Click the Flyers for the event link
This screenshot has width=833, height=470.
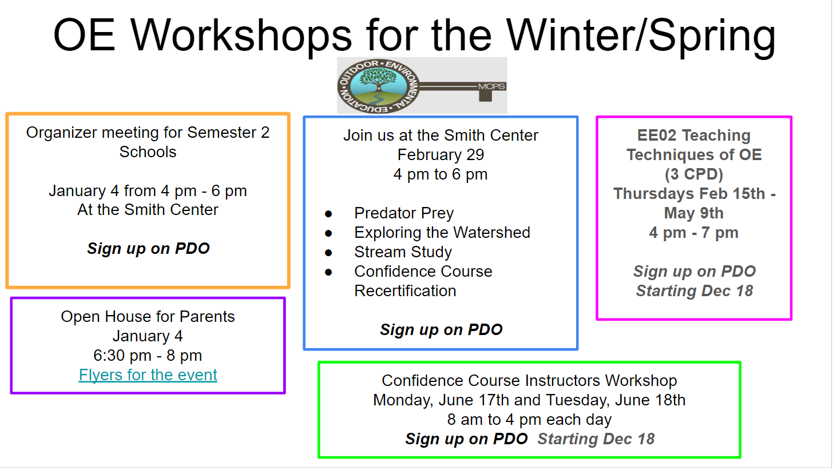coord(148,375)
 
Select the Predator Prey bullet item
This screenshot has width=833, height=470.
coord(404,213)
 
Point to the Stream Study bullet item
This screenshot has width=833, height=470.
coord(403,252)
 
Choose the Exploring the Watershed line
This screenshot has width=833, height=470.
coord(442,233)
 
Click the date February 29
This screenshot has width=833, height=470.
coord(441,155)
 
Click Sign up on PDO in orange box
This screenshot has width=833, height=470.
coord(148,249)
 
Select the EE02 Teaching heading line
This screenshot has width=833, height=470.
coord(694,136)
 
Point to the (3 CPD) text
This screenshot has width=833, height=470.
coord(694,174)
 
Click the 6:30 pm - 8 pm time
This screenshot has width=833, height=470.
coord(148,356)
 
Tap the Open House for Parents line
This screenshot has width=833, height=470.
coord(148,317)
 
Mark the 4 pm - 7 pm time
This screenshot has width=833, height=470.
coord(694,233)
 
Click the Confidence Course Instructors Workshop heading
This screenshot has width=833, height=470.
coord(529,381)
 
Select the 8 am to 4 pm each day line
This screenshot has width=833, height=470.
coord(529,420)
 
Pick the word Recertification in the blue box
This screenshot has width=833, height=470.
coord(405,291)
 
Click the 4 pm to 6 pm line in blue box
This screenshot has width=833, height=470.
coord(441,174)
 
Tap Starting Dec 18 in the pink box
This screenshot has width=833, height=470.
coord(694,291)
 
